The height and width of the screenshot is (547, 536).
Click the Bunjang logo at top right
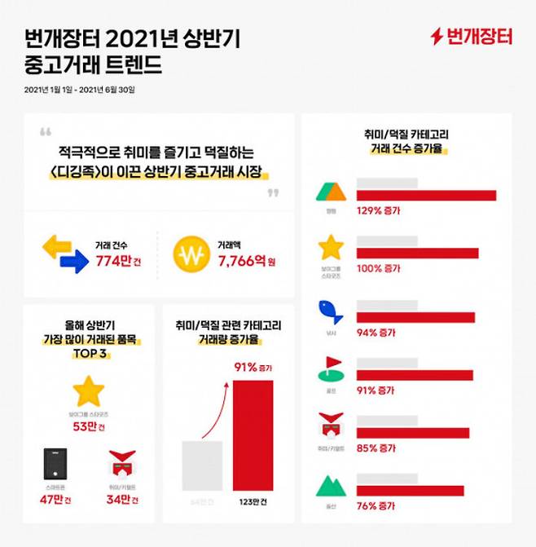pyautogui.click(x=472, y=37)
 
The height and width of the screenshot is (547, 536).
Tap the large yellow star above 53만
pyautogui.click(x=89, y=392)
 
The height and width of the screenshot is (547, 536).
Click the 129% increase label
pyautogui.click(x=380, y=210)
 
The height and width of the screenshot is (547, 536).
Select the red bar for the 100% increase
pyautogui.click(x=417, y=254)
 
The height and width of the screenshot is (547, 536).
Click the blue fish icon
pyautogui.click(x=330, y=312)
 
